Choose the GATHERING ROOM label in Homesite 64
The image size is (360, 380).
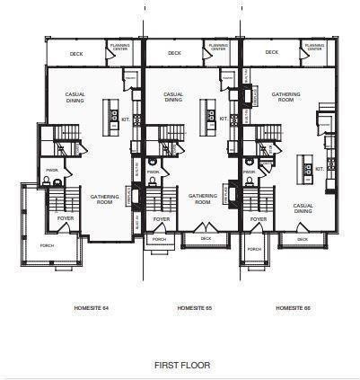(99, 199)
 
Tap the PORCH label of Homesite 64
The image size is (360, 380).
(47, 244)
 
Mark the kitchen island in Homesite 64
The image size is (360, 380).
(113, 112)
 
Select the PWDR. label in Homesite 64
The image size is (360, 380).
(52, 170)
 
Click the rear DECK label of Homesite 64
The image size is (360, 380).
(76, 53)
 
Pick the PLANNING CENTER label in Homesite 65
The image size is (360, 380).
(218, 47)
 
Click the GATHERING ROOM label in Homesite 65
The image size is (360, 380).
(200, 199)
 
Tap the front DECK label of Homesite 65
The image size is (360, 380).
(206, 238)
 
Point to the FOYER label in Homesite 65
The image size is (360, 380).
(162, 217)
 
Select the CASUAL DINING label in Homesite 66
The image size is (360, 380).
(303, 208)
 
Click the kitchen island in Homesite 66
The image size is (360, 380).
(306, 168)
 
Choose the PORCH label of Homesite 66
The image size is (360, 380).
(255, 248)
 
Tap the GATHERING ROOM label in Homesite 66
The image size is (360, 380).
(285, 97)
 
